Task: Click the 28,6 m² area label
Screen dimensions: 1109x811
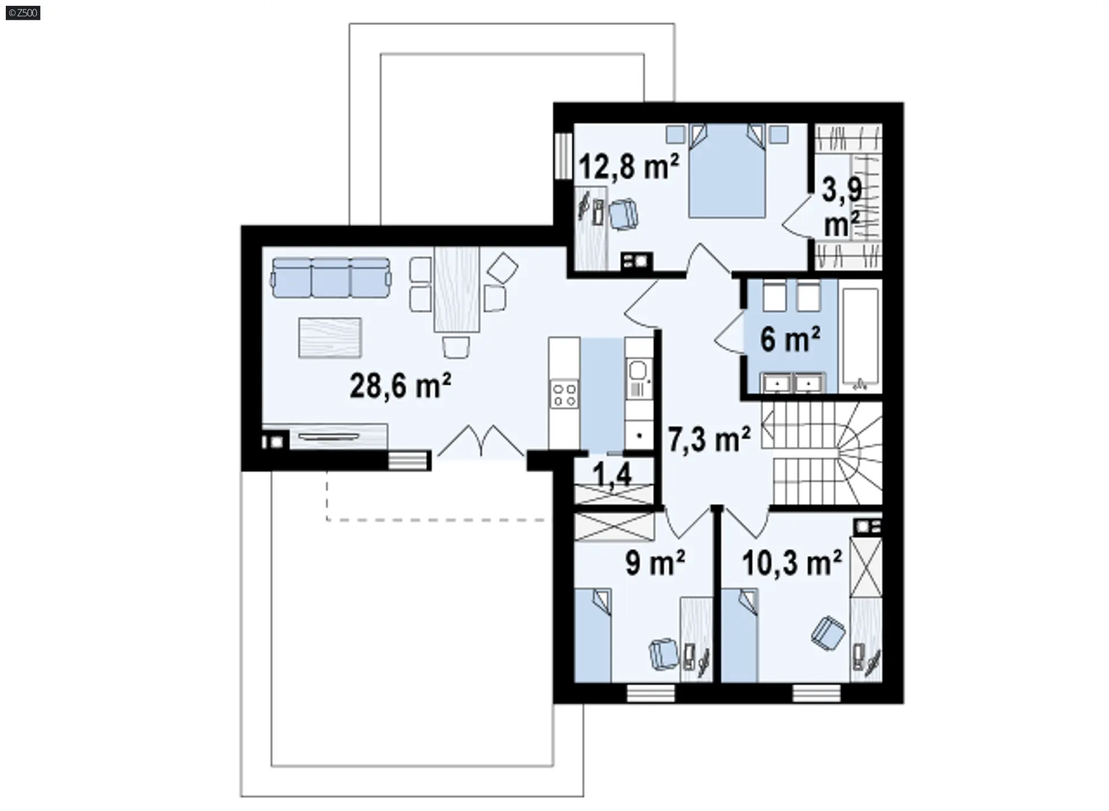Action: point(400,385)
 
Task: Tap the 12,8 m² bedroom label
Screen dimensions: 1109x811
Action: point(629,166)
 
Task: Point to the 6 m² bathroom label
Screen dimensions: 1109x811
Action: point(790,338)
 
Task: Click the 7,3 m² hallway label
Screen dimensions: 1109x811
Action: point(709,439)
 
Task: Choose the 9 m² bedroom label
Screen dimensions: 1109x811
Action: point(655,562)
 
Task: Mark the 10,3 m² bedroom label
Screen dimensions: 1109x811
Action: point(792,562)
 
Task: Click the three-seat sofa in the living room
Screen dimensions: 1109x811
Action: point(330,278)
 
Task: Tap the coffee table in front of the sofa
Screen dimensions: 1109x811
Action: point(330,337)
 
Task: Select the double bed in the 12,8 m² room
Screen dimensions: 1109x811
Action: point(727,170)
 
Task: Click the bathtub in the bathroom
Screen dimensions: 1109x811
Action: point(861,337)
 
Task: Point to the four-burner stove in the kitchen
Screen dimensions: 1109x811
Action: point(564,394)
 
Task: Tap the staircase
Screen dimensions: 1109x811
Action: point(821,453)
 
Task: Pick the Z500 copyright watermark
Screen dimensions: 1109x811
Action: point(23,13)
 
